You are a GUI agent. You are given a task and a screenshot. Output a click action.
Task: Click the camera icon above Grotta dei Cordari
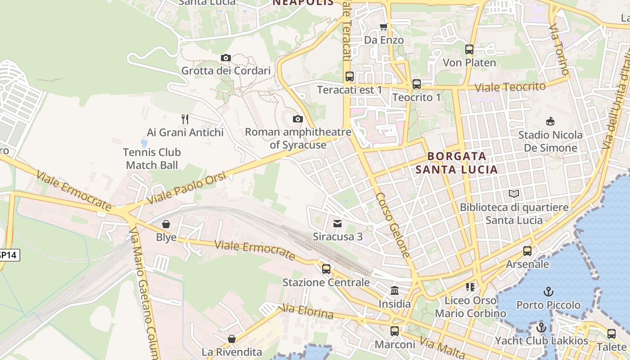coord(226,58)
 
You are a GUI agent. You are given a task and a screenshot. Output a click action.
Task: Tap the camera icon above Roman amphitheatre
coord(297,119)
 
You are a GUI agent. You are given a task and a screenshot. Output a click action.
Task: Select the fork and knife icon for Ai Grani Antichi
coord(185,119)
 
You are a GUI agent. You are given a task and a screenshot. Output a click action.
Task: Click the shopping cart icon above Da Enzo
coord(383,27)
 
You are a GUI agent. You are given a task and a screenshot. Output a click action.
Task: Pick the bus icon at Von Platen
coord(469,49)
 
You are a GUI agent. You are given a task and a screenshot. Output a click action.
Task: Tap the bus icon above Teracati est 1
coord(349,76)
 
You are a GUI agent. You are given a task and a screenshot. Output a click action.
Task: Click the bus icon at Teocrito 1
coord(417,84)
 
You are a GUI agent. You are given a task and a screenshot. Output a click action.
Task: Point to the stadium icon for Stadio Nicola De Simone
coord(550,121)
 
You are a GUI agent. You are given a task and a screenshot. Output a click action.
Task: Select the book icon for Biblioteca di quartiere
coord(514,194)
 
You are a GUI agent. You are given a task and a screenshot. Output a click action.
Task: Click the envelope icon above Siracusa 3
coord(337,223)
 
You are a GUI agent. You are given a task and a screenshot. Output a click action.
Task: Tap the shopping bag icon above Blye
coord(166,224)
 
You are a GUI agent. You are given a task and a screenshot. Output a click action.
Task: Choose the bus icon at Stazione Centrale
coord(326,269)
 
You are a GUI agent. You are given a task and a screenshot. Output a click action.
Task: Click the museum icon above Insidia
coord(395,291)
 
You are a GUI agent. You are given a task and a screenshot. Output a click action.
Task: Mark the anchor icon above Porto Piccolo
coord(548,292)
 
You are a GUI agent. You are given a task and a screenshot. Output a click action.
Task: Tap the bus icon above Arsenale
coord(527,251)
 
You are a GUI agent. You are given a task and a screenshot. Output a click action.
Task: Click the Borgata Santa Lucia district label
coord(457,163)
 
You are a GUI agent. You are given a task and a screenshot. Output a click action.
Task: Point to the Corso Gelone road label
coord(393,225)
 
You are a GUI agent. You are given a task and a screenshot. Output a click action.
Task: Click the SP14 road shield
coord(8,255)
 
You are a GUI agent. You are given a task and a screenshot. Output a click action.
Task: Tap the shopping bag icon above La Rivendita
coord(232,338)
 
